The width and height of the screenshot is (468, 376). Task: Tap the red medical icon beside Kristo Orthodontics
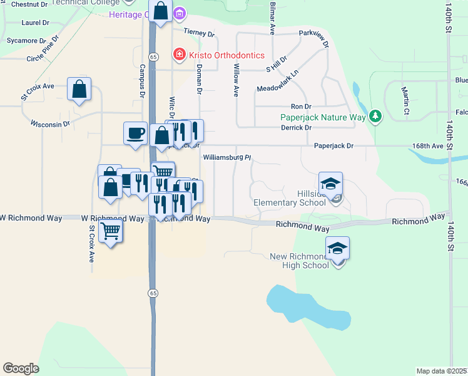pos(180,55)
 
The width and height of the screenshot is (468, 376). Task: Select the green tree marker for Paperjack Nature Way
pos(375,115)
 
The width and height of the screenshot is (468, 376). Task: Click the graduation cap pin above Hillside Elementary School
pos(330,183)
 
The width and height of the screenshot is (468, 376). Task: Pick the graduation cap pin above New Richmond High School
pos(338,248)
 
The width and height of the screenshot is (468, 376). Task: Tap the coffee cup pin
pos(135,133)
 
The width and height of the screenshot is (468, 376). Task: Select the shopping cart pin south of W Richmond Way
pos(111,231)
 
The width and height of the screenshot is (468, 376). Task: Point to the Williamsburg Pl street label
pos(227,158)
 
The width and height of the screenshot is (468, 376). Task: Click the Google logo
pos(21,368)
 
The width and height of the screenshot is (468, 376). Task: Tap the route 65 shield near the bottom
pos(153,293)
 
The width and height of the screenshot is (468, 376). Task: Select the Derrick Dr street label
pos(297,127)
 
